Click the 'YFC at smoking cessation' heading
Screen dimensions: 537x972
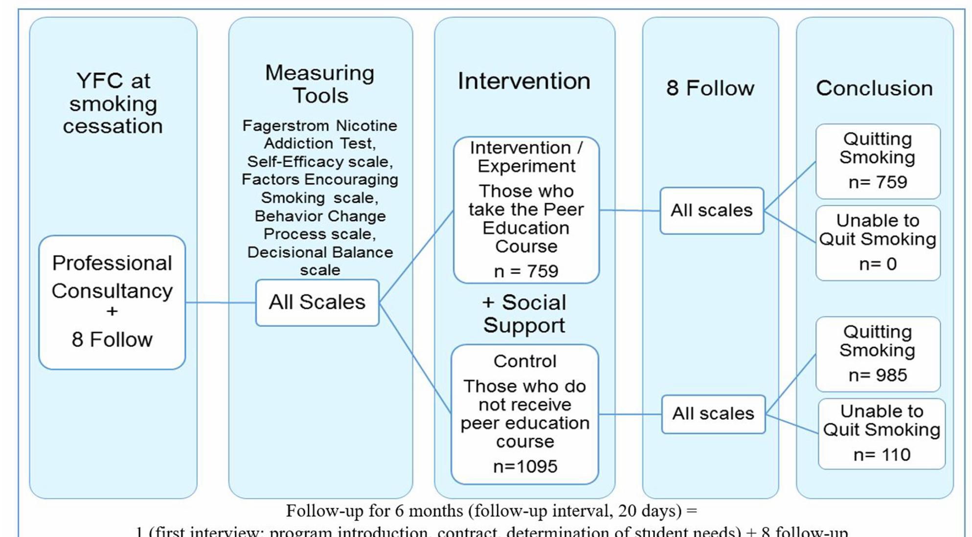(x=113, y=104)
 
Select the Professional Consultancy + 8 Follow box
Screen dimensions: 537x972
(x=112, y=302)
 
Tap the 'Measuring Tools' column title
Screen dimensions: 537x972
(x=320, y=84)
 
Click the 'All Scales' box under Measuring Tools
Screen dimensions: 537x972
(x=317, y=302)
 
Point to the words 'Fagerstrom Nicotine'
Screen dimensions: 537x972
(x=319, y=126)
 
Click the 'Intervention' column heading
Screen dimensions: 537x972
(x=524, y=81)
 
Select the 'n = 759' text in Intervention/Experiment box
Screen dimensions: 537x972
(x=526, y=271)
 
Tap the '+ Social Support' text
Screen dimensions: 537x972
(x=524, y=314)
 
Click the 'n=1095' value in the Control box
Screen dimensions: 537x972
(x=525, y=467)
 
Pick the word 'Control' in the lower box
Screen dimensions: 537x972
(x=525, y=361)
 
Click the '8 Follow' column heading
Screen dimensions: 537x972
(x=710, y=88)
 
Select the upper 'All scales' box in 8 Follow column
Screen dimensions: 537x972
(x=711, y=211)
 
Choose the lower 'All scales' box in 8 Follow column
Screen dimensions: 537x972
(x=713, y=414)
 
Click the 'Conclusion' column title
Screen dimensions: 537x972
(x=874, y=88)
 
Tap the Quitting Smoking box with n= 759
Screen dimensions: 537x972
(x=878, y=161)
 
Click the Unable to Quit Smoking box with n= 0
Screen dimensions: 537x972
(x=878, y=243)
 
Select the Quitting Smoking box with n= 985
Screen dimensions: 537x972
(x=878, y=354)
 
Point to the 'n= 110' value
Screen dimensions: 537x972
(x=882, y=455)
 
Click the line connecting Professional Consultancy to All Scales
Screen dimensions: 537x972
(x=220, y=302)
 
